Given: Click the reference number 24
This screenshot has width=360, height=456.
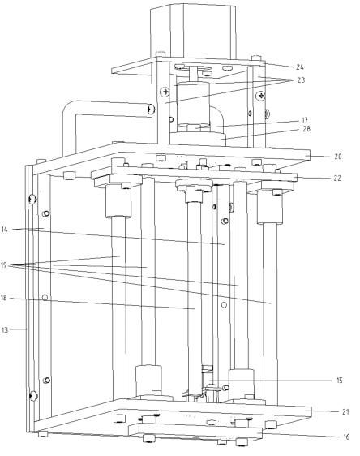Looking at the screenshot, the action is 300,67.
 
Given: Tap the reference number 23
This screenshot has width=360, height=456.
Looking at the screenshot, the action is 301,80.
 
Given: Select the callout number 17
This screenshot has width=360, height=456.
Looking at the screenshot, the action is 305,120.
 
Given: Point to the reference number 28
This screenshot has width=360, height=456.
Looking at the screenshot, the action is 306,128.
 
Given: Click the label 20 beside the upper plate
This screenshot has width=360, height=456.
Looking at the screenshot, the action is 337,157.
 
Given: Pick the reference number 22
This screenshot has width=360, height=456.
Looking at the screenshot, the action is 337,178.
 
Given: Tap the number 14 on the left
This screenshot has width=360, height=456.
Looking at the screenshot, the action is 5,230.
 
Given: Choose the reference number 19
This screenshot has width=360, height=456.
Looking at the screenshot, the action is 4,265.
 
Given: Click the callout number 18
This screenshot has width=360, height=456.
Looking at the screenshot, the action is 3,298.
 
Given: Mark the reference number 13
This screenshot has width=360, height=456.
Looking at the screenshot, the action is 5,329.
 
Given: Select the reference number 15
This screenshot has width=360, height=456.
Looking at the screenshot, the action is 340,380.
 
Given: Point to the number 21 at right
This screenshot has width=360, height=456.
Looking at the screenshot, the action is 345,412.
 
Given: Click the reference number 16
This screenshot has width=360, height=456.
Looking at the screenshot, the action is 345,437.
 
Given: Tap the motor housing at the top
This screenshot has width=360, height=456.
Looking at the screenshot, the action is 193,32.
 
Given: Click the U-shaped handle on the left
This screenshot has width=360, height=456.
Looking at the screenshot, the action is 70,116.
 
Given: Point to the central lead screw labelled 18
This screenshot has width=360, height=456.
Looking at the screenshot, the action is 194,299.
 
